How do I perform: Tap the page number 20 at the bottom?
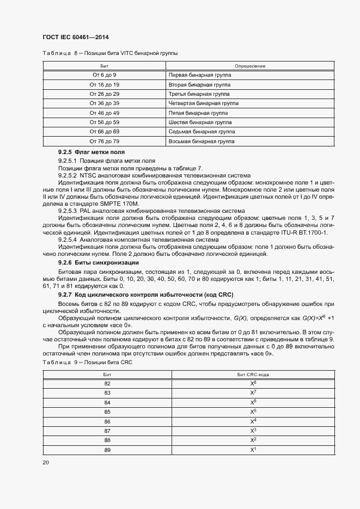pyautogui.click(x=45, y=462)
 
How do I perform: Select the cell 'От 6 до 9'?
pyautogui.click(x=105, y=74)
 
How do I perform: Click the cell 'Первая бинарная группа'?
pyautogui.click(x=200, y=74)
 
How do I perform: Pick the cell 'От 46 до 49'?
pyautogui.click(x=105, y=113)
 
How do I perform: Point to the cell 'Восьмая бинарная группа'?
pyautogui.click(x=202, y=142)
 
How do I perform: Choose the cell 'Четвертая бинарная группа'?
pyautogui.click(x=204, y=103)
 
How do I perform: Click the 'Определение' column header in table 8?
pyautogui.click(x=250, y=65)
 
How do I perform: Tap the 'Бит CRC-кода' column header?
pyautogui.click(x=253, y=375)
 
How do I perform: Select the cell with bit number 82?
pyautogui.click(x=107, y=383)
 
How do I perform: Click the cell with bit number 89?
pyautogui.click(x=107, y=449)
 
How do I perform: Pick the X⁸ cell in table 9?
pyautogui.click(x=253, y=383)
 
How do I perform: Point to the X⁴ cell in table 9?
pyautogui.click(x=253, y=421)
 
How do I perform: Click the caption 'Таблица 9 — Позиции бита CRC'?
pyautogui.click(x=87, y=363)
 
